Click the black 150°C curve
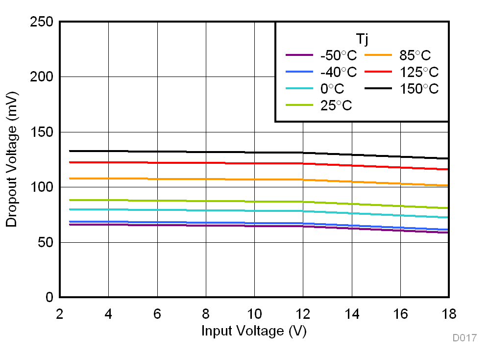pos(196,152)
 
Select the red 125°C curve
pos(196,163)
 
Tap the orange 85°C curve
pos(196,179)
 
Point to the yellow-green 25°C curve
pos(196,201)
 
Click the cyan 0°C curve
pos(196,210)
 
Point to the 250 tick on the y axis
pos(43,22)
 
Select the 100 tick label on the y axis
pos(43,187)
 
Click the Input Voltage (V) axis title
pos(254,331)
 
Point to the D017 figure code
pos(464,338)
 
